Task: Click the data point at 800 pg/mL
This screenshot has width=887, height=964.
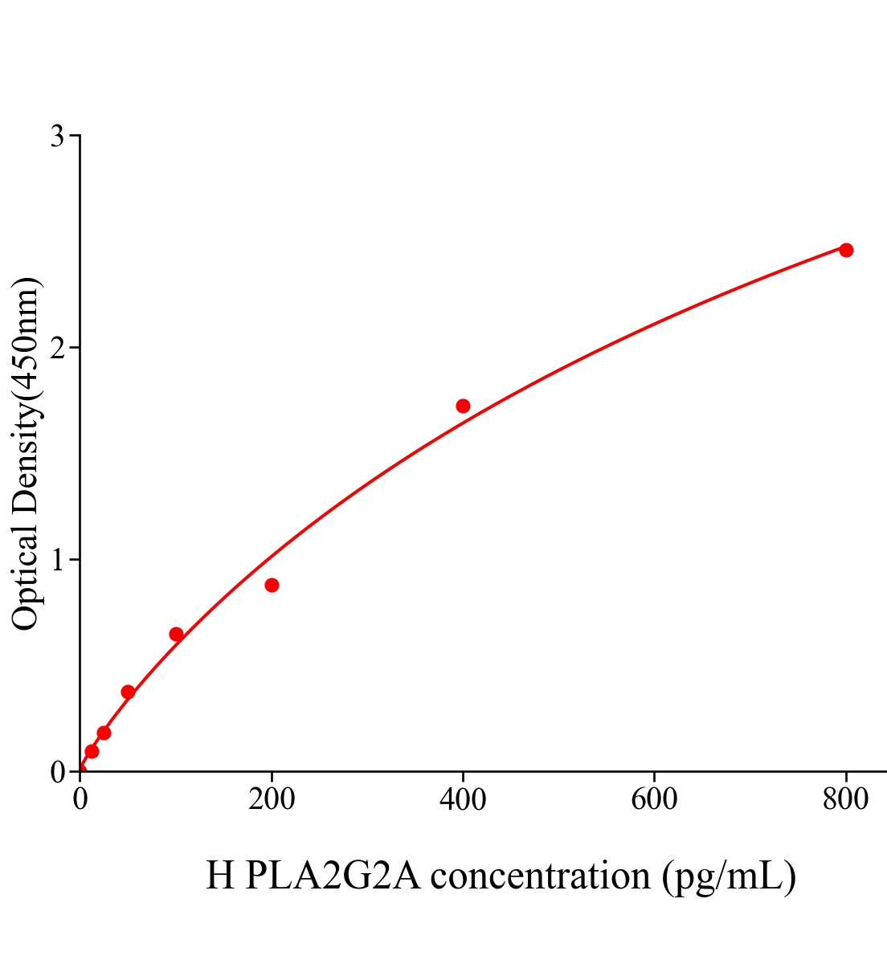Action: (845, 250)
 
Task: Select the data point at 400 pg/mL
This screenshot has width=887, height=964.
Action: (463, 406)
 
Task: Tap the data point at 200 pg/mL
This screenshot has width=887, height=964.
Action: (272, 585)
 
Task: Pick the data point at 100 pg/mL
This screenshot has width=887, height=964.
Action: (176, 634)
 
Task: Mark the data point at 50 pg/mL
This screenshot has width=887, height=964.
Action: (128, 692)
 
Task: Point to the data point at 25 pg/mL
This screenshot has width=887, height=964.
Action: (104, 733)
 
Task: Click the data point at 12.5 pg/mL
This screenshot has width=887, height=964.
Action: (92, 751)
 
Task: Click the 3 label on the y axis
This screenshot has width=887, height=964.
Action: (57, 137)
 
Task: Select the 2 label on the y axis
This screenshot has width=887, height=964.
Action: (57, 348)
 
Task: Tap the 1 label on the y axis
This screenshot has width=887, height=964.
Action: (57, 560)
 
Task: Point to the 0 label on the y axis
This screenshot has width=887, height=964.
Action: (57, 772)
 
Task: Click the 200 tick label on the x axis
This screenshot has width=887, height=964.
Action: (272, 800)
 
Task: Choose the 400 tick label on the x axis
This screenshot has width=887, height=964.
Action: (463, 800)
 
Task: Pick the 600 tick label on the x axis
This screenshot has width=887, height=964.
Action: (654, 800)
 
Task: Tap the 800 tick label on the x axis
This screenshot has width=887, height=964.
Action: (845, 800)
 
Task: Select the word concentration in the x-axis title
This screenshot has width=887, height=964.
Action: (540, 876)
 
